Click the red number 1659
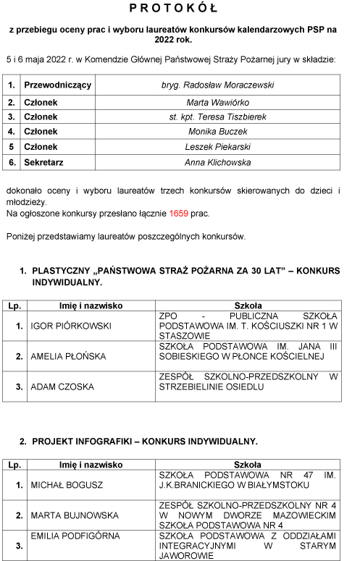(x=179, y=214)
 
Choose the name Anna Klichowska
(x=217, y=163)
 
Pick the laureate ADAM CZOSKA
(x=62, y=387)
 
